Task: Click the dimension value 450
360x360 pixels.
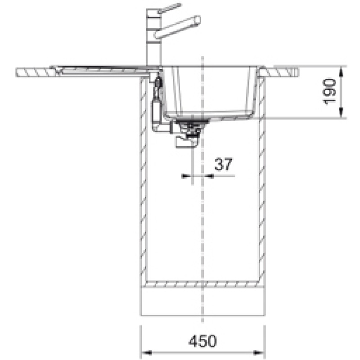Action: [202, 341]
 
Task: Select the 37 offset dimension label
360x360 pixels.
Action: [223, 164]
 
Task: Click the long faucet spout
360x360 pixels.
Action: [177, 27]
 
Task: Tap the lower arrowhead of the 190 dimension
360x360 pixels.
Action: [342, 112]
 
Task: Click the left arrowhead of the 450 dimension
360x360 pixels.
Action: [146, 352]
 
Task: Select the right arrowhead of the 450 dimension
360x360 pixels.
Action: [260, 352]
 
